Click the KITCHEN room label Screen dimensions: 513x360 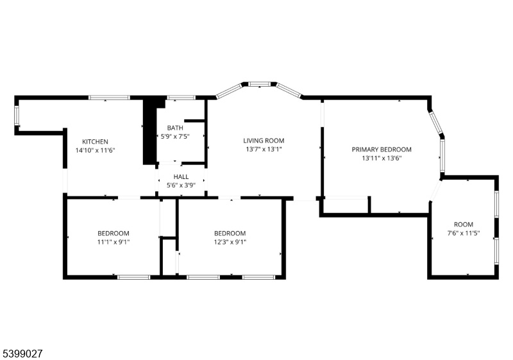tap(95, 142)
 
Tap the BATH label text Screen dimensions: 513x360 tap(175, 128)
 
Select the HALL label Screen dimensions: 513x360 tap(181, 176)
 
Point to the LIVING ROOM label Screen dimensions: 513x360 tap(264, 141)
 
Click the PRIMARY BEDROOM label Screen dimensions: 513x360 tap(382, 150)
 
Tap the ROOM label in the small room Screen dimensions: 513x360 tap(463, 225)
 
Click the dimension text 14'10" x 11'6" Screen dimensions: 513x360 tap(95, 151)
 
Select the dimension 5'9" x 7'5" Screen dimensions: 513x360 tap(175, 137)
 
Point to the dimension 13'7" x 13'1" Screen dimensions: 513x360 tap(264, 150)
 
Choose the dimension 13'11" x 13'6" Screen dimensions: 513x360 tap(382, 159)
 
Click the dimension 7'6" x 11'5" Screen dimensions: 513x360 tap(463, 234)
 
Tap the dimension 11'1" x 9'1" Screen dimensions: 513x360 tap(114, 242)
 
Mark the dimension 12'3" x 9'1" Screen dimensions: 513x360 tap(230, 242)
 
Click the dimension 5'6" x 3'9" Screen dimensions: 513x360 tap(181, 185)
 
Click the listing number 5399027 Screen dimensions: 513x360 tap(22, 354)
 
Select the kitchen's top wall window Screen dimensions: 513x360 tap(109, 98)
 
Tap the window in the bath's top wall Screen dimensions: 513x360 tap(181, 98)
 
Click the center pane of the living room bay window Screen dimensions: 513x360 tap(260, 84)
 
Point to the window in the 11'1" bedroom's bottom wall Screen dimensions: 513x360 tap(133, 277)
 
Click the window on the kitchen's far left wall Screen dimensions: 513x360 tap(17, 116)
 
